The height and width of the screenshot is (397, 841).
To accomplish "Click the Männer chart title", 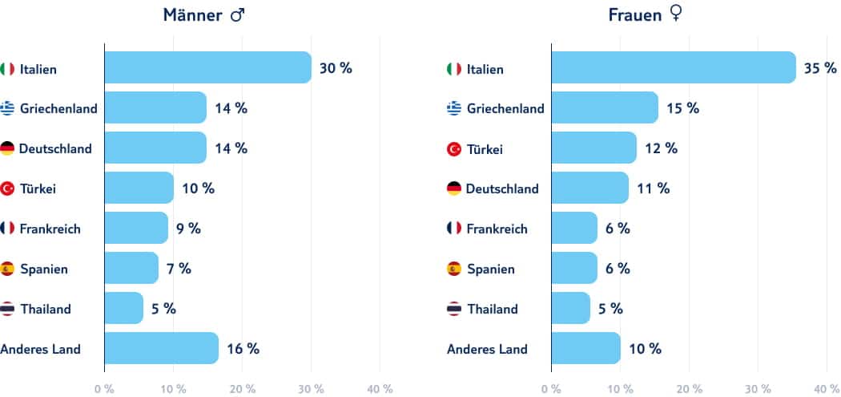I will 203,15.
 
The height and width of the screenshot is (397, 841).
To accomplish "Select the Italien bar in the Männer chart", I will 207,68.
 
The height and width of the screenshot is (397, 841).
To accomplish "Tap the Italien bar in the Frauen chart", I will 673,68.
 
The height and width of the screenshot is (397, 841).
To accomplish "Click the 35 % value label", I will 820,68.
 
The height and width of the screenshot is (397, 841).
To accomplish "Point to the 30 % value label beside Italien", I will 336,68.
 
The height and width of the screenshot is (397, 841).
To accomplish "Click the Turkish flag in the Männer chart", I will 8,188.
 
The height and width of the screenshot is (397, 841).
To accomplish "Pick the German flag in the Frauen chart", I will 454,188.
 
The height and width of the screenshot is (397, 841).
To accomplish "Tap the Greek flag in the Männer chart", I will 8,108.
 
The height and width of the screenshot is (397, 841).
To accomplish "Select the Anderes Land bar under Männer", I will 161,348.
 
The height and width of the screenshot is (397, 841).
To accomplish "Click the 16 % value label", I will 243,348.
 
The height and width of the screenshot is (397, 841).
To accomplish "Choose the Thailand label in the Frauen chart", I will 492,309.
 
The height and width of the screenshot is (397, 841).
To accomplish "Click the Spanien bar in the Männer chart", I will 131,269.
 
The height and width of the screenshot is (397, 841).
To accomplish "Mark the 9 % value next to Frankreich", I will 188,229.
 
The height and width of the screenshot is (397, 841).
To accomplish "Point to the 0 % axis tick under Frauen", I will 551,389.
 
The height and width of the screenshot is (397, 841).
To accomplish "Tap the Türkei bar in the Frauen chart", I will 594,148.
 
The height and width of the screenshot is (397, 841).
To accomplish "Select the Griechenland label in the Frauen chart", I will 505,108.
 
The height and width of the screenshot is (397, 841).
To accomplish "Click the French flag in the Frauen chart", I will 454,229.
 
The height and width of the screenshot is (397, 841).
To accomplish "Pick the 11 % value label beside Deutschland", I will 654,188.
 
